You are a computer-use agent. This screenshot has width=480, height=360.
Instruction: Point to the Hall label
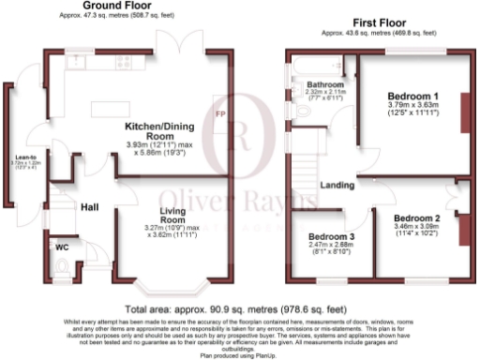[x=89, y=207]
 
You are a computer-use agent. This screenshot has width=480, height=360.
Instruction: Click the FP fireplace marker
[x=221, y=114]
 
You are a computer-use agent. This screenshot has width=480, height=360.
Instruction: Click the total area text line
[x=239, y=309]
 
